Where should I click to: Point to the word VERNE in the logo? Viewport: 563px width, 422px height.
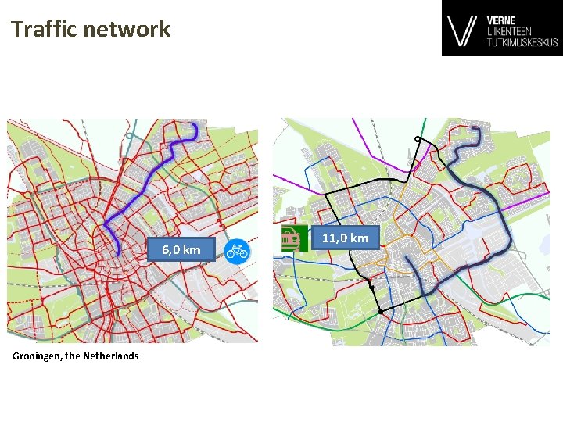500,20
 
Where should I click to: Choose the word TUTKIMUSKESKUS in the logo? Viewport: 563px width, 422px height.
522,42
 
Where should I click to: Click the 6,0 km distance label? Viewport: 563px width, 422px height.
181,250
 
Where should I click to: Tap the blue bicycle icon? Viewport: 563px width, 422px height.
236,250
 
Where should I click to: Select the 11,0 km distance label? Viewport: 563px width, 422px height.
345,238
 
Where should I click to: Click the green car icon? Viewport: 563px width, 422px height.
291,238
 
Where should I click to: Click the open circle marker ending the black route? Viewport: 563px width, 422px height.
418,139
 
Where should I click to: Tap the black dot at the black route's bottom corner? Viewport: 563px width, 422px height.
381,312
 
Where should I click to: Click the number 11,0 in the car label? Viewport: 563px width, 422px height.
335,238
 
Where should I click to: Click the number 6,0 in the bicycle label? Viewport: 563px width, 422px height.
171,250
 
